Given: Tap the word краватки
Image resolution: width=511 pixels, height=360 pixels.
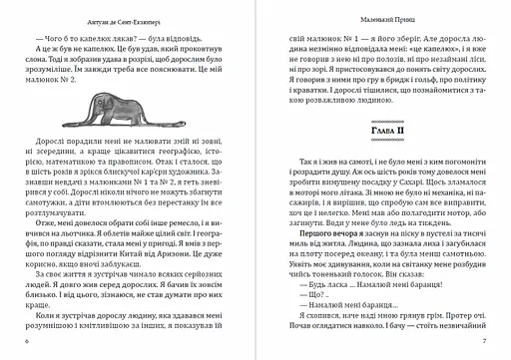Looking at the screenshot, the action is point(293,107).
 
